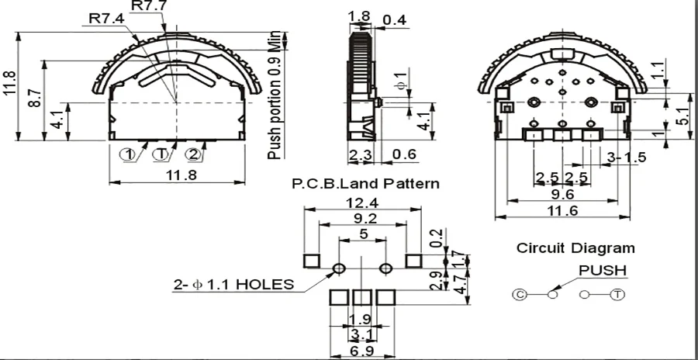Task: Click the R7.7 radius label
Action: tap(149, 6)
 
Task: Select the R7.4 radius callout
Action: tap(107, 19)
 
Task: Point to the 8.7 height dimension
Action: tap(36, 98)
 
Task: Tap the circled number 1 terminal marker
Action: tap(128, 154)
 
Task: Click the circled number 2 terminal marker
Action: tap(193, 154)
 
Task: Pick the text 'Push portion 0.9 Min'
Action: tap(275, 95)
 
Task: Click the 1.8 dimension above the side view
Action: tap(359, 16)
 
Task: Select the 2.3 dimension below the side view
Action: tap(359, 154)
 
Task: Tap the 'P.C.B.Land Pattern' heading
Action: tap(365, 184)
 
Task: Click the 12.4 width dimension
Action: tap(362, 203)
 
